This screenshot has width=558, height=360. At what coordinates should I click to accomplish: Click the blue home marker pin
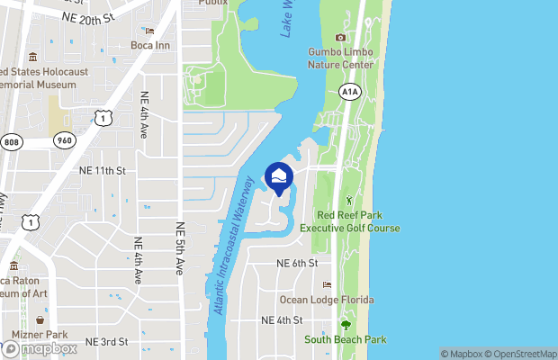[279, 176]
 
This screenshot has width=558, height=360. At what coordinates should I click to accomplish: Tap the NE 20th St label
[88, 17]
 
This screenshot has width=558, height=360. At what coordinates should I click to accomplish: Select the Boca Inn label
[150, 45]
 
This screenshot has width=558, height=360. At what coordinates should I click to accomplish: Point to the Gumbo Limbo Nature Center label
[341, 58]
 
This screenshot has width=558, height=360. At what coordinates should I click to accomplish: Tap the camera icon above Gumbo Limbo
[340, 37]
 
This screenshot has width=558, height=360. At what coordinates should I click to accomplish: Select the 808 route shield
[11, 141]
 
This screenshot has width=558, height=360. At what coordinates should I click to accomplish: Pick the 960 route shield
[63, 140]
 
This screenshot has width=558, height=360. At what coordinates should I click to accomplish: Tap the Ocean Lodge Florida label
[327, 300]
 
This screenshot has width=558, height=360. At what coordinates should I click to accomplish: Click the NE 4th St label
[282, 320]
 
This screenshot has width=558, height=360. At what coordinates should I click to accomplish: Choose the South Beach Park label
[345, 339]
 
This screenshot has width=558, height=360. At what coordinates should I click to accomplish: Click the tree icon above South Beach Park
[345, 325]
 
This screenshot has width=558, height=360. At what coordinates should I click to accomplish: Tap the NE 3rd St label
[106, 342]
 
